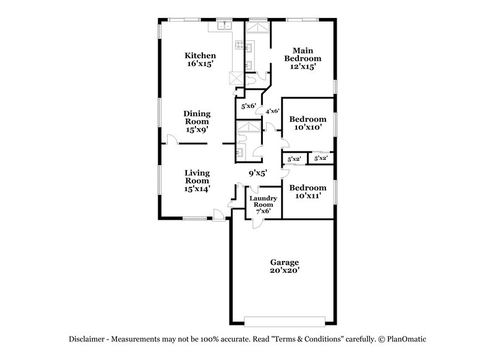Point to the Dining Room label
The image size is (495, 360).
coord(197,118)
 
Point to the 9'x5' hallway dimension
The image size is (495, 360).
coord(257,174)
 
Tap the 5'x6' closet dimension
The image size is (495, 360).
coord(248,106)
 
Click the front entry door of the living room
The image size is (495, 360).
coord(218,215)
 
